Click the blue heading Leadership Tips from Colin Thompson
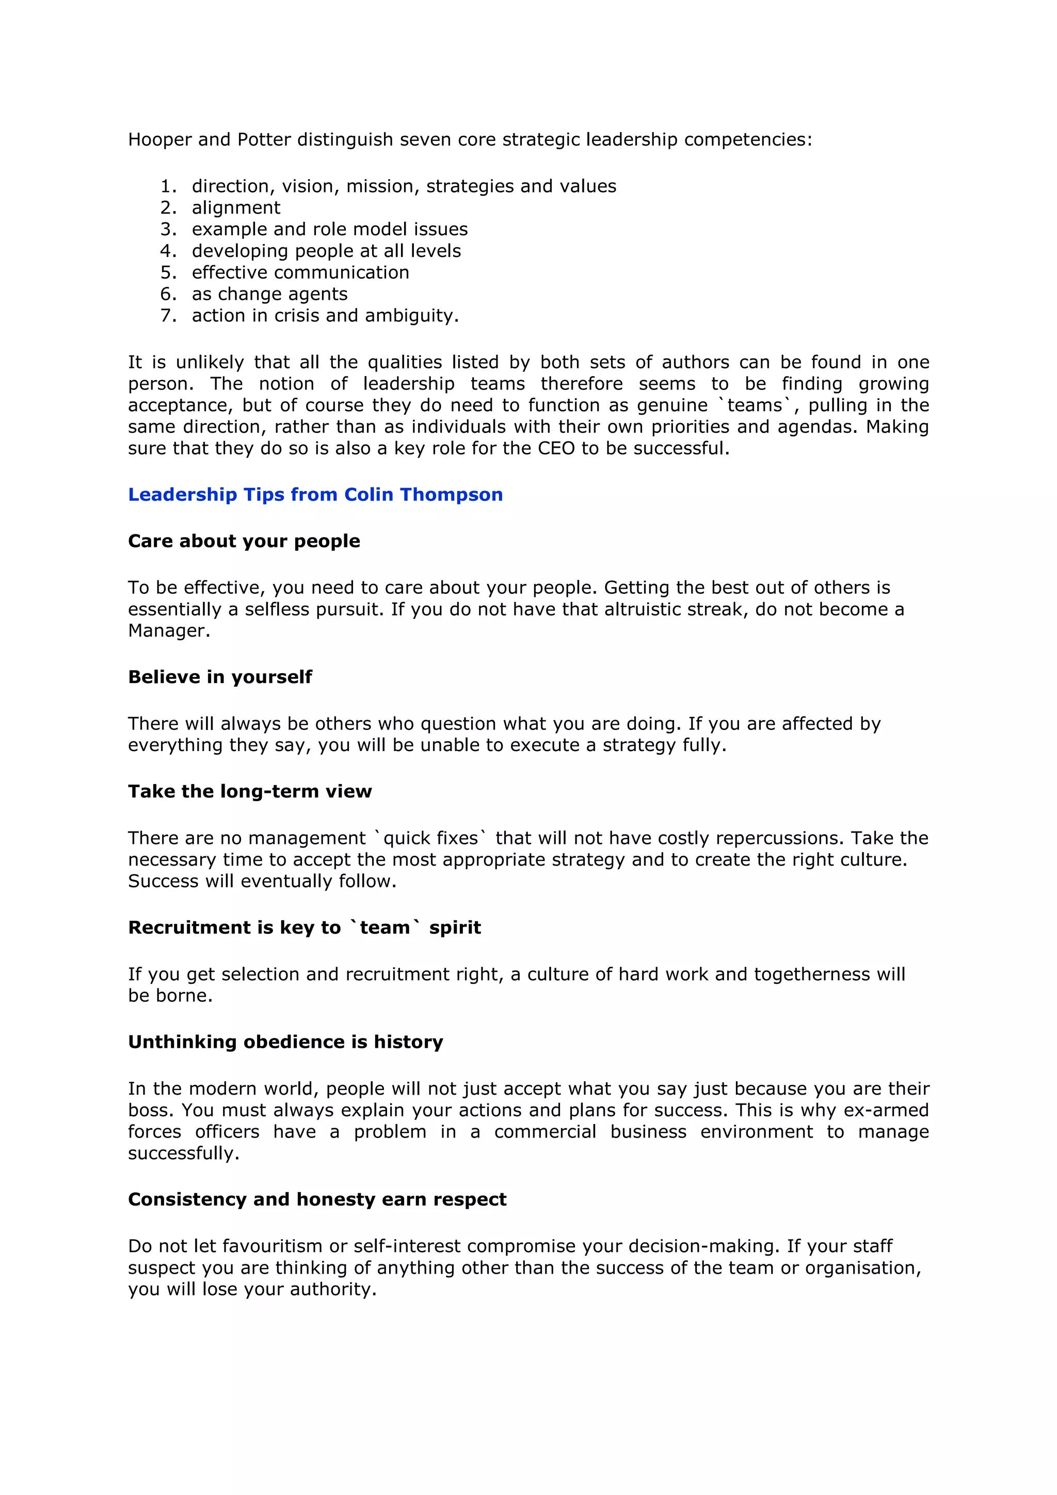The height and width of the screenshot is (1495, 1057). pyautogui.click(x=315, y=495)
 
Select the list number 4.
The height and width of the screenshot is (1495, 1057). pyautogui.click(x=168, y=251)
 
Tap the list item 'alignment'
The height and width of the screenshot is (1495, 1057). pyautogui.click(x=236, y=208)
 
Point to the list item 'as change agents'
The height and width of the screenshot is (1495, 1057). pyautogui.click(x=269, y=295)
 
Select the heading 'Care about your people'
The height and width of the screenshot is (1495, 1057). pyautogui.click(x=244, y=541)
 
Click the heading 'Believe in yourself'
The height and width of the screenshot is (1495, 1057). pyautogui.click(x=220, y=677)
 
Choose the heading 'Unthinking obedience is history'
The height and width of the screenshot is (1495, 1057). pyautogui.click(x=285, y=1042)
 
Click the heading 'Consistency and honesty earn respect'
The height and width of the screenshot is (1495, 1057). pyautogui.click(x=317, y=1199)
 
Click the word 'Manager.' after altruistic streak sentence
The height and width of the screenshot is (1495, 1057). pyautogui.click(x=169, y=631)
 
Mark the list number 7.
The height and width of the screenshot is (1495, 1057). pyautogui.click(x=168, y=316)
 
